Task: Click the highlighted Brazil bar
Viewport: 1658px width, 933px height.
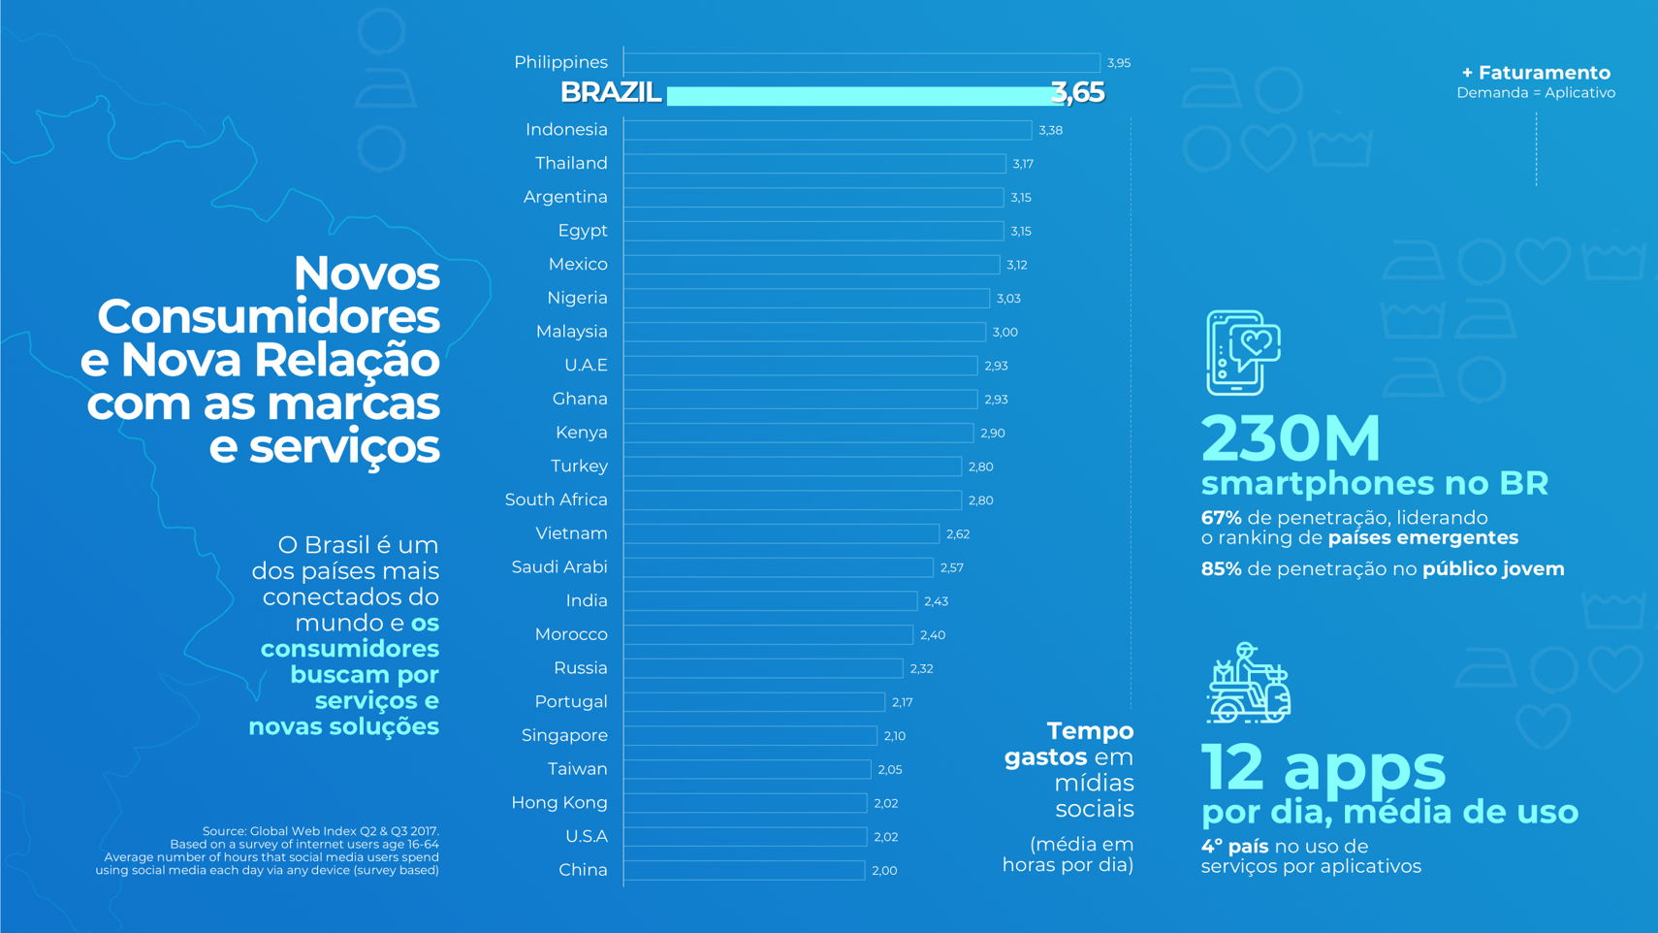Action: coord(858,95)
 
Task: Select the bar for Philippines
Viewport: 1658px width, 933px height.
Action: coord(861,63)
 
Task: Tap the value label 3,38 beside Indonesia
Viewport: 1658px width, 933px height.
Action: coord(1050,130)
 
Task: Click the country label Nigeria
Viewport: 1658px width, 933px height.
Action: coord(577,298)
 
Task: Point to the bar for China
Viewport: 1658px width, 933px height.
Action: coord(744,870)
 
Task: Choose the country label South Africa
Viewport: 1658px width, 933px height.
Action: coord(556,499)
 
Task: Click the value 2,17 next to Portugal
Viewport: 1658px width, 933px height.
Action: coord(902,702)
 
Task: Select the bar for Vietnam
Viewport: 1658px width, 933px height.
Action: coord(781,533)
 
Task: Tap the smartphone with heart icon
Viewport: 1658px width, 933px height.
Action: coord(1243,352)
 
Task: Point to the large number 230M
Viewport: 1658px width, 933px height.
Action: coord(1291,438)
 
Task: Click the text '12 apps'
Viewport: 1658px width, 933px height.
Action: coord(1323,766)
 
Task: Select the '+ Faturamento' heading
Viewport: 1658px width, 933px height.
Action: coord(1536,73)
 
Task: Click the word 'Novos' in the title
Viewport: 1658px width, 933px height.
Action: coord(367,273)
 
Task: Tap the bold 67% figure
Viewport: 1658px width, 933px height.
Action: coord(1221,518)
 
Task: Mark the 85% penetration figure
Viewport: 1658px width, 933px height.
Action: coord(1221,569)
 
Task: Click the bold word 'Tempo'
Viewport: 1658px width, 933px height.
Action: coord(1090,730)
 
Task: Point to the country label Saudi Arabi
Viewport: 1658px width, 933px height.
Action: coord(558,567)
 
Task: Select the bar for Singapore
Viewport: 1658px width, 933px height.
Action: coord(749,736)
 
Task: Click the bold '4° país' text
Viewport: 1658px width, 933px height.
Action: coord(1234,847)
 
